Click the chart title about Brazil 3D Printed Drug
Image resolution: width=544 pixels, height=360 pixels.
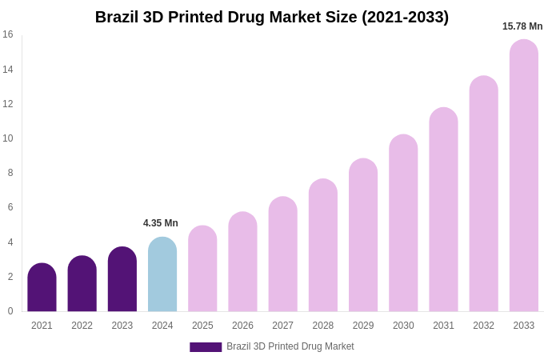pyautogui.click(x=272, y=17)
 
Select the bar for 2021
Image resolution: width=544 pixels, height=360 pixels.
pyautogui.click(x=42, y=288)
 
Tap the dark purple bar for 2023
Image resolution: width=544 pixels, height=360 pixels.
pyautogui.click(x=122, y=280)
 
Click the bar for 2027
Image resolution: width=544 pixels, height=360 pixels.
pyautogui.click(x=282, y=254)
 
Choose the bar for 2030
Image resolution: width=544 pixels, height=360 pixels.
pyautogui.click(x=403, y=224)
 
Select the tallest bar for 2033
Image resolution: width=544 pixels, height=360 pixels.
pyautogui.click(x=524, y=176)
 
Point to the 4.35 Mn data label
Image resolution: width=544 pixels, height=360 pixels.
pyautogui.click(x=161, y=223)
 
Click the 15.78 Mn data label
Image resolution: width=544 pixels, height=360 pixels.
pyautogui.click(x=522, y=26)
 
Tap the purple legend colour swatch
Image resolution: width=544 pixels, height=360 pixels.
pyautogui.click(x=206, y=347)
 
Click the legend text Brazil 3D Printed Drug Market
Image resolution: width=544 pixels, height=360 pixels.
pyautogui.click(x=290, y=346)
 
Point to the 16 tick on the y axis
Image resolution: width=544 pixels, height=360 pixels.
pyautogui.click(x=8, y=34)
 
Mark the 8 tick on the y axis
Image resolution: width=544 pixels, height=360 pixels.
pyautogui.click(x=10, y=173)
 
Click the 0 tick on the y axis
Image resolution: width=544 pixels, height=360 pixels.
pyautogui.click(x=10, y=311)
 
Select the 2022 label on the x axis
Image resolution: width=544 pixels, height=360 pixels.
pyautogui.click(x=82, y=326)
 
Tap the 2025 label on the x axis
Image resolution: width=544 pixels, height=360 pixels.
pyautogui.click(x=202, y=326)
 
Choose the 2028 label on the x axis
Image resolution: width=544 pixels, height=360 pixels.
pyautogui.click(x=323, y=326)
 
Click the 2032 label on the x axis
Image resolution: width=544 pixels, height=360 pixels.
pyautogui.click(x=483, y=326)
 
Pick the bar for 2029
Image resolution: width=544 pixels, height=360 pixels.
pyautogui.click(x=363, y=236)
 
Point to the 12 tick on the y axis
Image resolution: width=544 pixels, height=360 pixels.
pyautogui.click(x=8, y=104)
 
